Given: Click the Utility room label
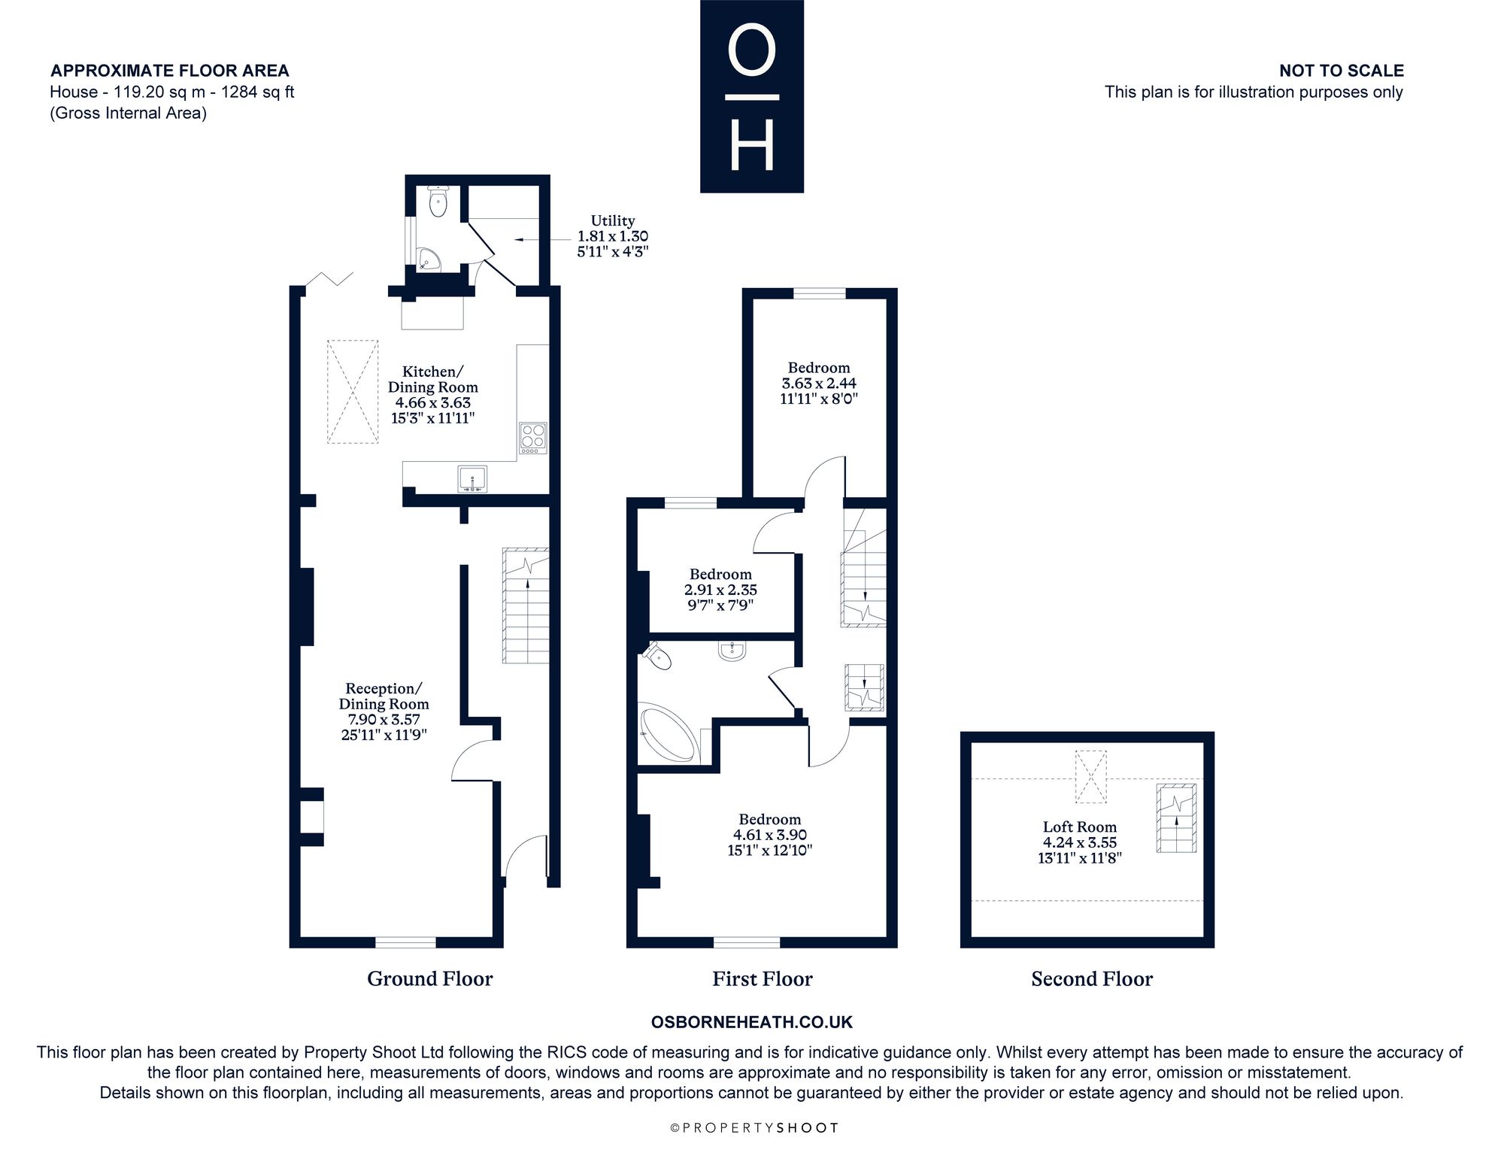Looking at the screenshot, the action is [612, 220].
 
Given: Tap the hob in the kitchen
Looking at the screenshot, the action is [533, 438].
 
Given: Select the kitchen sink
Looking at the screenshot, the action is [472, 479].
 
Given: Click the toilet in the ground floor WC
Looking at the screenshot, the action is [437, 201].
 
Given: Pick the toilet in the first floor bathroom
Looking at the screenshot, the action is [656, 656].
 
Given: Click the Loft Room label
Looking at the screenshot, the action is [1079, 827].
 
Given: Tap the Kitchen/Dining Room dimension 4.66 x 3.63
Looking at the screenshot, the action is [432, 402].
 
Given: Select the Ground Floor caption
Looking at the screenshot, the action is [429, 978].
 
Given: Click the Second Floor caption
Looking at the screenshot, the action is [1091, 978].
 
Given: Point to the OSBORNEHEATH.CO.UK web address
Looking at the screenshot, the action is [751, 1022].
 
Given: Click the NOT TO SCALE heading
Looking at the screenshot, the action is [1342, 71].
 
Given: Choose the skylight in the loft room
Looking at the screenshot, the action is [1090, 776].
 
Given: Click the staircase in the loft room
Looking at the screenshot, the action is [1176, 818].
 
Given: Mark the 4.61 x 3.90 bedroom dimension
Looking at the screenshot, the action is [769, 835].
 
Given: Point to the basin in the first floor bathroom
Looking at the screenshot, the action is [731, 651].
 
